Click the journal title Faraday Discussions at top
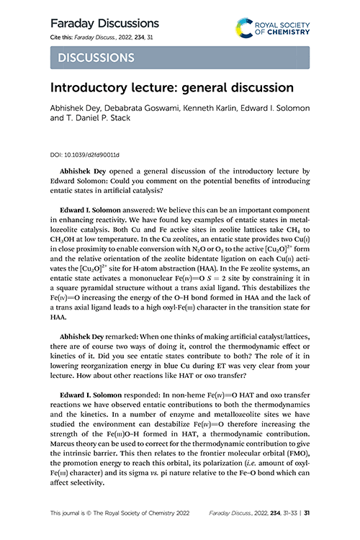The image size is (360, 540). pyautogui.click(x=104, y=23)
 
